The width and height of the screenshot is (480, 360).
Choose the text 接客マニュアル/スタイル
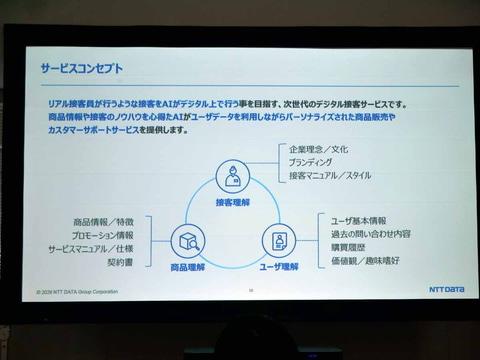[x=329, y=176]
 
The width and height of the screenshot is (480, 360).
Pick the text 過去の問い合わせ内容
[x=369, y=234]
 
